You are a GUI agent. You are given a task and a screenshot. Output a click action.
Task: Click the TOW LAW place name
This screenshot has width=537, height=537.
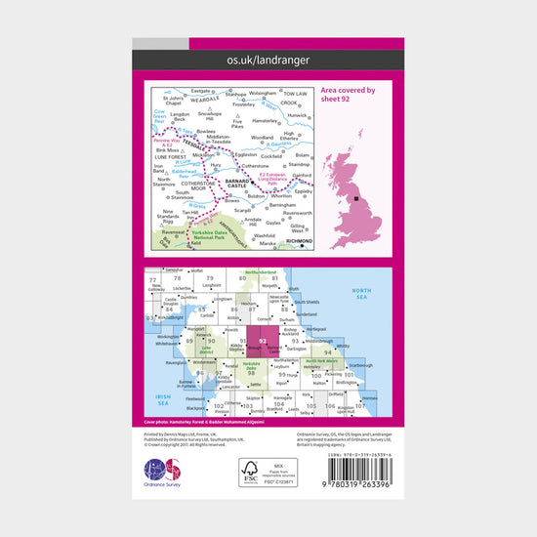(x=295, y=95)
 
